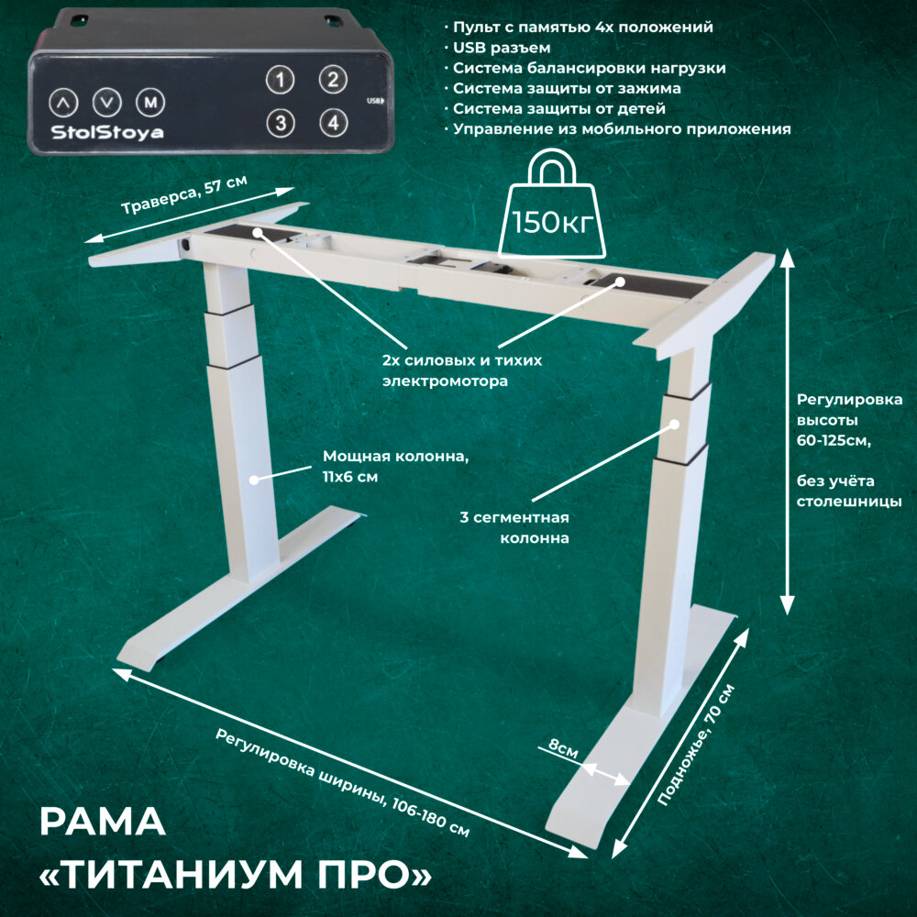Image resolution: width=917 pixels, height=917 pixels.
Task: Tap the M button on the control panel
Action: pyautogui.click(x=150, y=101)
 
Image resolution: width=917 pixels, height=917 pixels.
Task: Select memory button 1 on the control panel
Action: pyautogui.click(x=281, y=80)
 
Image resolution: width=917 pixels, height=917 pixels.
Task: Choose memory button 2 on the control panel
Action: pyautogui.click(x=333, y=79)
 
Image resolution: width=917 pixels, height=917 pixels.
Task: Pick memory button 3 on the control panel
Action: pyautogui.click(x=281, y=121)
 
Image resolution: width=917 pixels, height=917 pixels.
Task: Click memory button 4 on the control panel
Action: pyautogui.click(x=333, y=121)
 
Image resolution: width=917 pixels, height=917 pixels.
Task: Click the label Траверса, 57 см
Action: pyautogui.click(x=184, y=195)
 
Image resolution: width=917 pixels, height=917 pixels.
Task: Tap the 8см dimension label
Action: pyautogui.click(x=563, y=749)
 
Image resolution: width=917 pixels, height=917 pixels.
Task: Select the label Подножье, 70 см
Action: pyautogui.click(x=697, y=745)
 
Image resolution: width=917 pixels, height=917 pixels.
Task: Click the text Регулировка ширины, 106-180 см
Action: pyautogui.click(x=343, y=782)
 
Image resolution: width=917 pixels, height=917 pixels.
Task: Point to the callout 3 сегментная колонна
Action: pyautogui.click(x=514, y=528)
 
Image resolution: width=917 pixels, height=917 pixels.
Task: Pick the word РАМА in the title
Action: pyautogui.click(x=103, y=823)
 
